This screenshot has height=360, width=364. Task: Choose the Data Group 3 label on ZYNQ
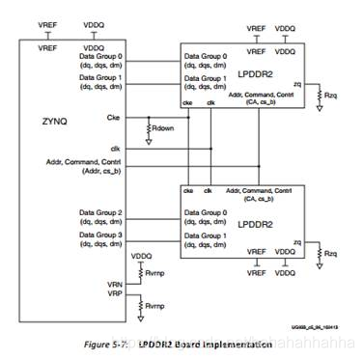click(x=100, y=234)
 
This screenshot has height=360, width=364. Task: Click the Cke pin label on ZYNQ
click(x=114, y=117)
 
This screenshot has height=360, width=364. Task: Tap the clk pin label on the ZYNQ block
click(x=115, y=147)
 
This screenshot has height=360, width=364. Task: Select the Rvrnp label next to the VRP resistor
click(x=154, y=307)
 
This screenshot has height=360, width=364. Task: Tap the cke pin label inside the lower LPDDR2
click(x=187, y=192)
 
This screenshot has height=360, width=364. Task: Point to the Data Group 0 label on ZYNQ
click(x=100, y=55)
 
